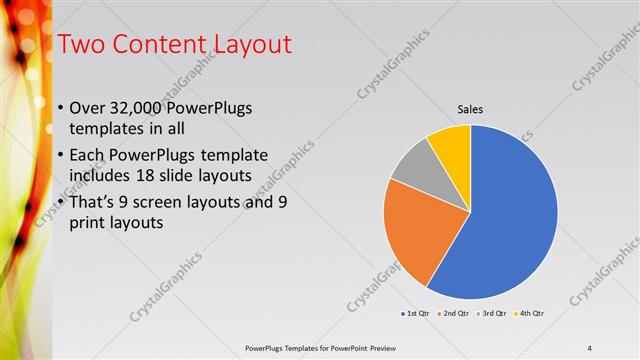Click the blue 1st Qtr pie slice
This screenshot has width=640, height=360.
coord(510,220)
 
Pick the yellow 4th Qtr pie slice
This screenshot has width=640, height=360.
coord(451,145)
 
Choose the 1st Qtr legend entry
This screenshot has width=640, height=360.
coord(415,314)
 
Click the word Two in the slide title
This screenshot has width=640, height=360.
coord(78,44)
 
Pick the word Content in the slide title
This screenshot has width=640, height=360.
coord(150,44)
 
